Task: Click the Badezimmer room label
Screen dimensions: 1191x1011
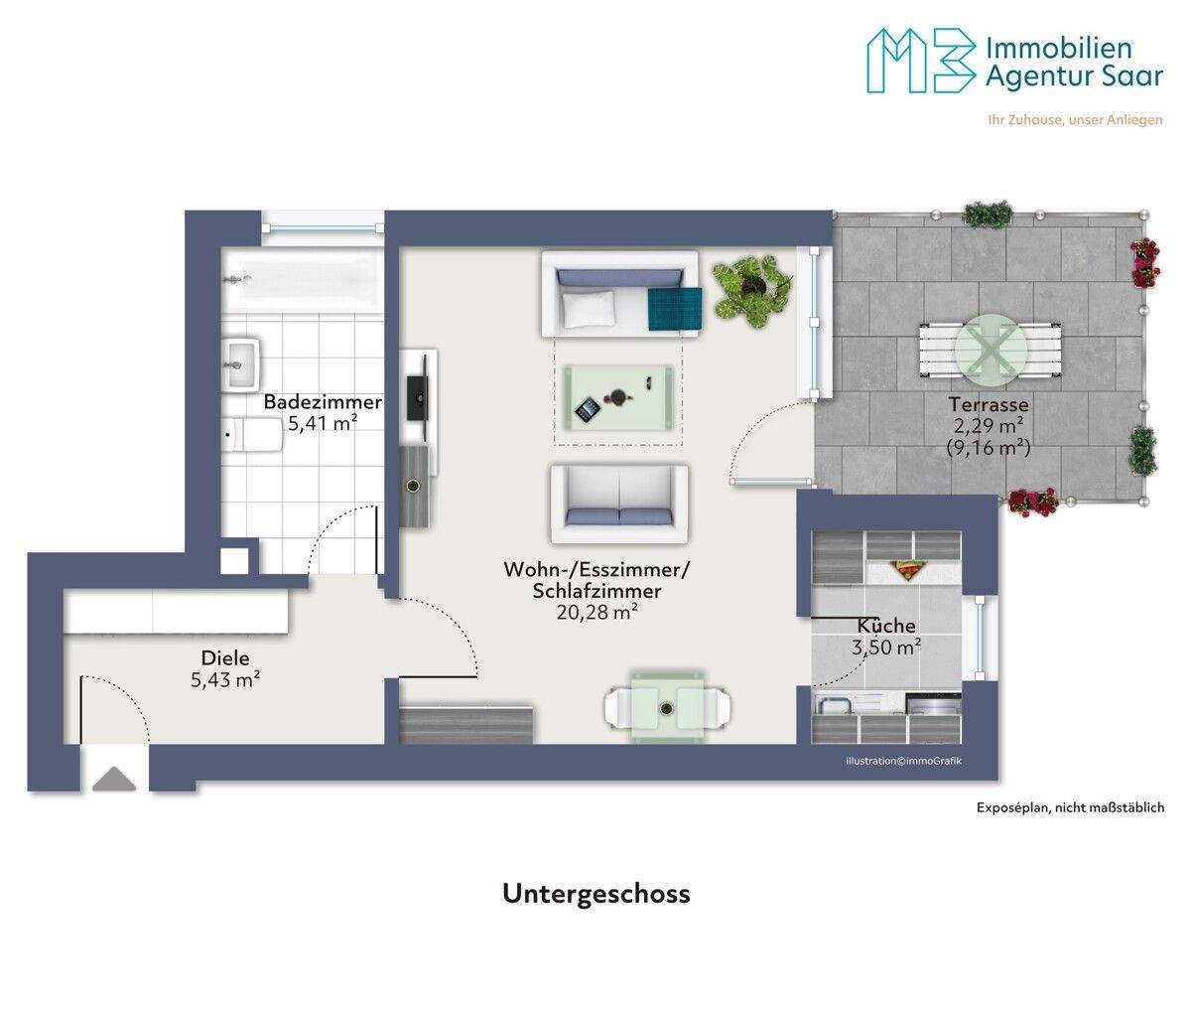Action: pyautogui.click(x=323, y=402)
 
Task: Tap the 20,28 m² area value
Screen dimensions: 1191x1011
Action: pyautogui.click(x=596, y=612)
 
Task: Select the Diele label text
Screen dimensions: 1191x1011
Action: pyautogui.click(x=225, y=658)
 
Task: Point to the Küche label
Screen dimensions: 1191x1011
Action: pyautogui.click(x=886, y=625)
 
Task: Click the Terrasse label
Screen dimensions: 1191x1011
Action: pyautogui.click(x=989, y=404)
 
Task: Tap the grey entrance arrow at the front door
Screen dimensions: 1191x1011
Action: pyautogui.click(x=114, y=779)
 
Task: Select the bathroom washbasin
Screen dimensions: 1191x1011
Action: pyautogui.click(x=242, y=363)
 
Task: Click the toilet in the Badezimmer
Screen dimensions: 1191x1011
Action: pyautogui.click(x=252, y=435)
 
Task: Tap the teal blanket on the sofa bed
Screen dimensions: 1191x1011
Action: pyautogui.click(x=675, y=309)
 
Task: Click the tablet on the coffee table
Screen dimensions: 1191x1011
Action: pyautogui.click(x=588, y=408)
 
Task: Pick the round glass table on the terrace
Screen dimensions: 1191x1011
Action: pyautogui.click(x=991, y=350)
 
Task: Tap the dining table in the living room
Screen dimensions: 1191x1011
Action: pyautogui.click(x=667, y=706)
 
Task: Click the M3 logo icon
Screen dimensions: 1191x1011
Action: pyautogui.click(x=922, y=61)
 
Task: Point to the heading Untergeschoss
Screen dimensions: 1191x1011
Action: pyautogui.click(x=596, y=894)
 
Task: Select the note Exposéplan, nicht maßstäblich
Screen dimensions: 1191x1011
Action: pyautogui.click(x=1070, y=807)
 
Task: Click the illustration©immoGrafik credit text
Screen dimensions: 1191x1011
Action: pyautogui.click(x=903, y=762)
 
